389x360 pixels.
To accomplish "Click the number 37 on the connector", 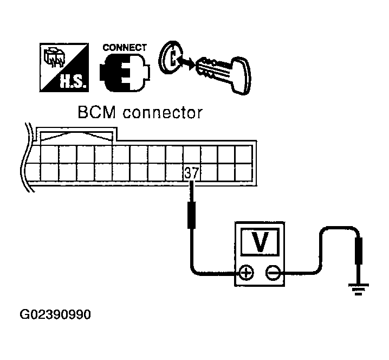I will [x=191, y=173].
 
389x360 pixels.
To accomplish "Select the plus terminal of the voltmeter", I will [x=247, y=273].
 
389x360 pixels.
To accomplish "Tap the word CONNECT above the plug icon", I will [x=124, y=48].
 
